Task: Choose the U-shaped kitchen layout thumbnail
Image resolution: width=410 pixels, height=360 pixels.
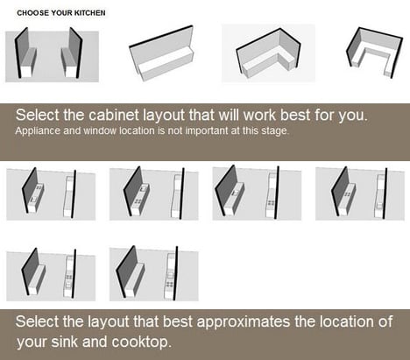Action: tap(375, 53)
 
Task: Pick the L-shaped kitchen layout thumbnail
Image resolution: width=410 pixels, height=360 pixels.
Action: tap(268, 53)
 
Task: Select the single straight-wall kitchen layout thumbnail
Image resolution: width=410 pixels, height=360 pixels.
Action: tap(161, 53)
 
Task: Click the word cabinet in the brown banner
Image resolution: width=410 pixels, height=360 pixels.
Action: tap(114, 115)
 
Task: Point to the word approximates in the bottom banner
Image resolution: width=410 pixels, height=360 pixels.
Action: tap(243, 321)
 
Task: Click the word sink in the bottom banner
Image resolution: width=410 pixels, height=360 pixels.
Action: tap(64, 342)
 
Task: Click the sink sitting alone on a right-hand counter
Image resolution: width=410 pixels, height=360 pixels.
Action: tap(379, 205)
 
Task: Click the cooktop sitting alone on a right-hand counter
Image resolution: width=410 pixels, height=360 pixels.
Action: tap(272, 203)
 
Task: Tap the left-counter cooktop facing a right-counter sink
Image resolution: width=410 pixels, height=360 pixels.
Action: tap(348, 194)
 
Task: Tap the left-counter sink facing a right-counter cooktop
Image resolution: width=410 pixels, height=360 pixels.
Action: tap(235, 193)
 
